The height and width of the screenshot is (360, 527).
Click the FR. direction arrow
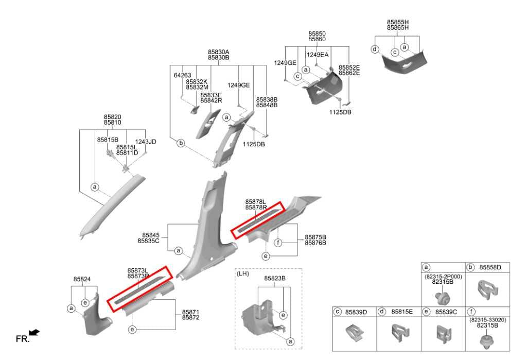(34, 332)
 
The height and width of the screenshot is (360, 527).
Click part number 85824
(82, 279)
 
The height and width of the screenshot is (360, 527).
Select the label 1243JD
(146, 142)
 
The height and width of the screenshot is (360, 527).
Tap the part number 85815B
(108, 140)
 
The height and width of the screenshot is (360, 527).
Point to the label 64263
(183, 75)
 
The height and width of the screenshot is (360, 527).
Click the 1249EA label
(317, 55)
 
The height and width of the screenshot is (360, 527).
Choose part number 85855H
(398, 22)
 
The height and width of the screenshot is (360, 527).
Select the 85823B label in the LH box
(275, 279)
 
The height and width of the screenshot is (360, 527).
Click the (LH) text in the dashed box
(243, 273)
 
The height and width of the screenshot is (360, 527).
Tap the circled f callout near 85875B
(277, 243)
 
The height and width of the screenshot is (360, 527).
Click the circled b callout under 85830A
(181, 143)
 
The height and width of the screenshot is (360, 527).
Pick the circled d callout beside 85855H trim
(375, 49)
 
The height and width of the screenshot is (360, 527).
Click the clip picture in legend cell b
(487, 289)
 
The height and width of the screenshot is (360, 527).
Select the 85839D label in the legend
(356, 312)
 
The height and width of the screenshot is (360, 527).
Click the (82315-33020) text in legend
(487, 320)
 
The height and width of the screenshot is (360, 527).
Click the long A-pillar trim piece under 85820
(112, 205)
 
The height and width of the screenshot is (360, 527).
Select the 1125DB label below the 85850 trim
(340, 112)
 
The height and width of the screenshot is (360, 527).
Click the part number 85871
(190, 312)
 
